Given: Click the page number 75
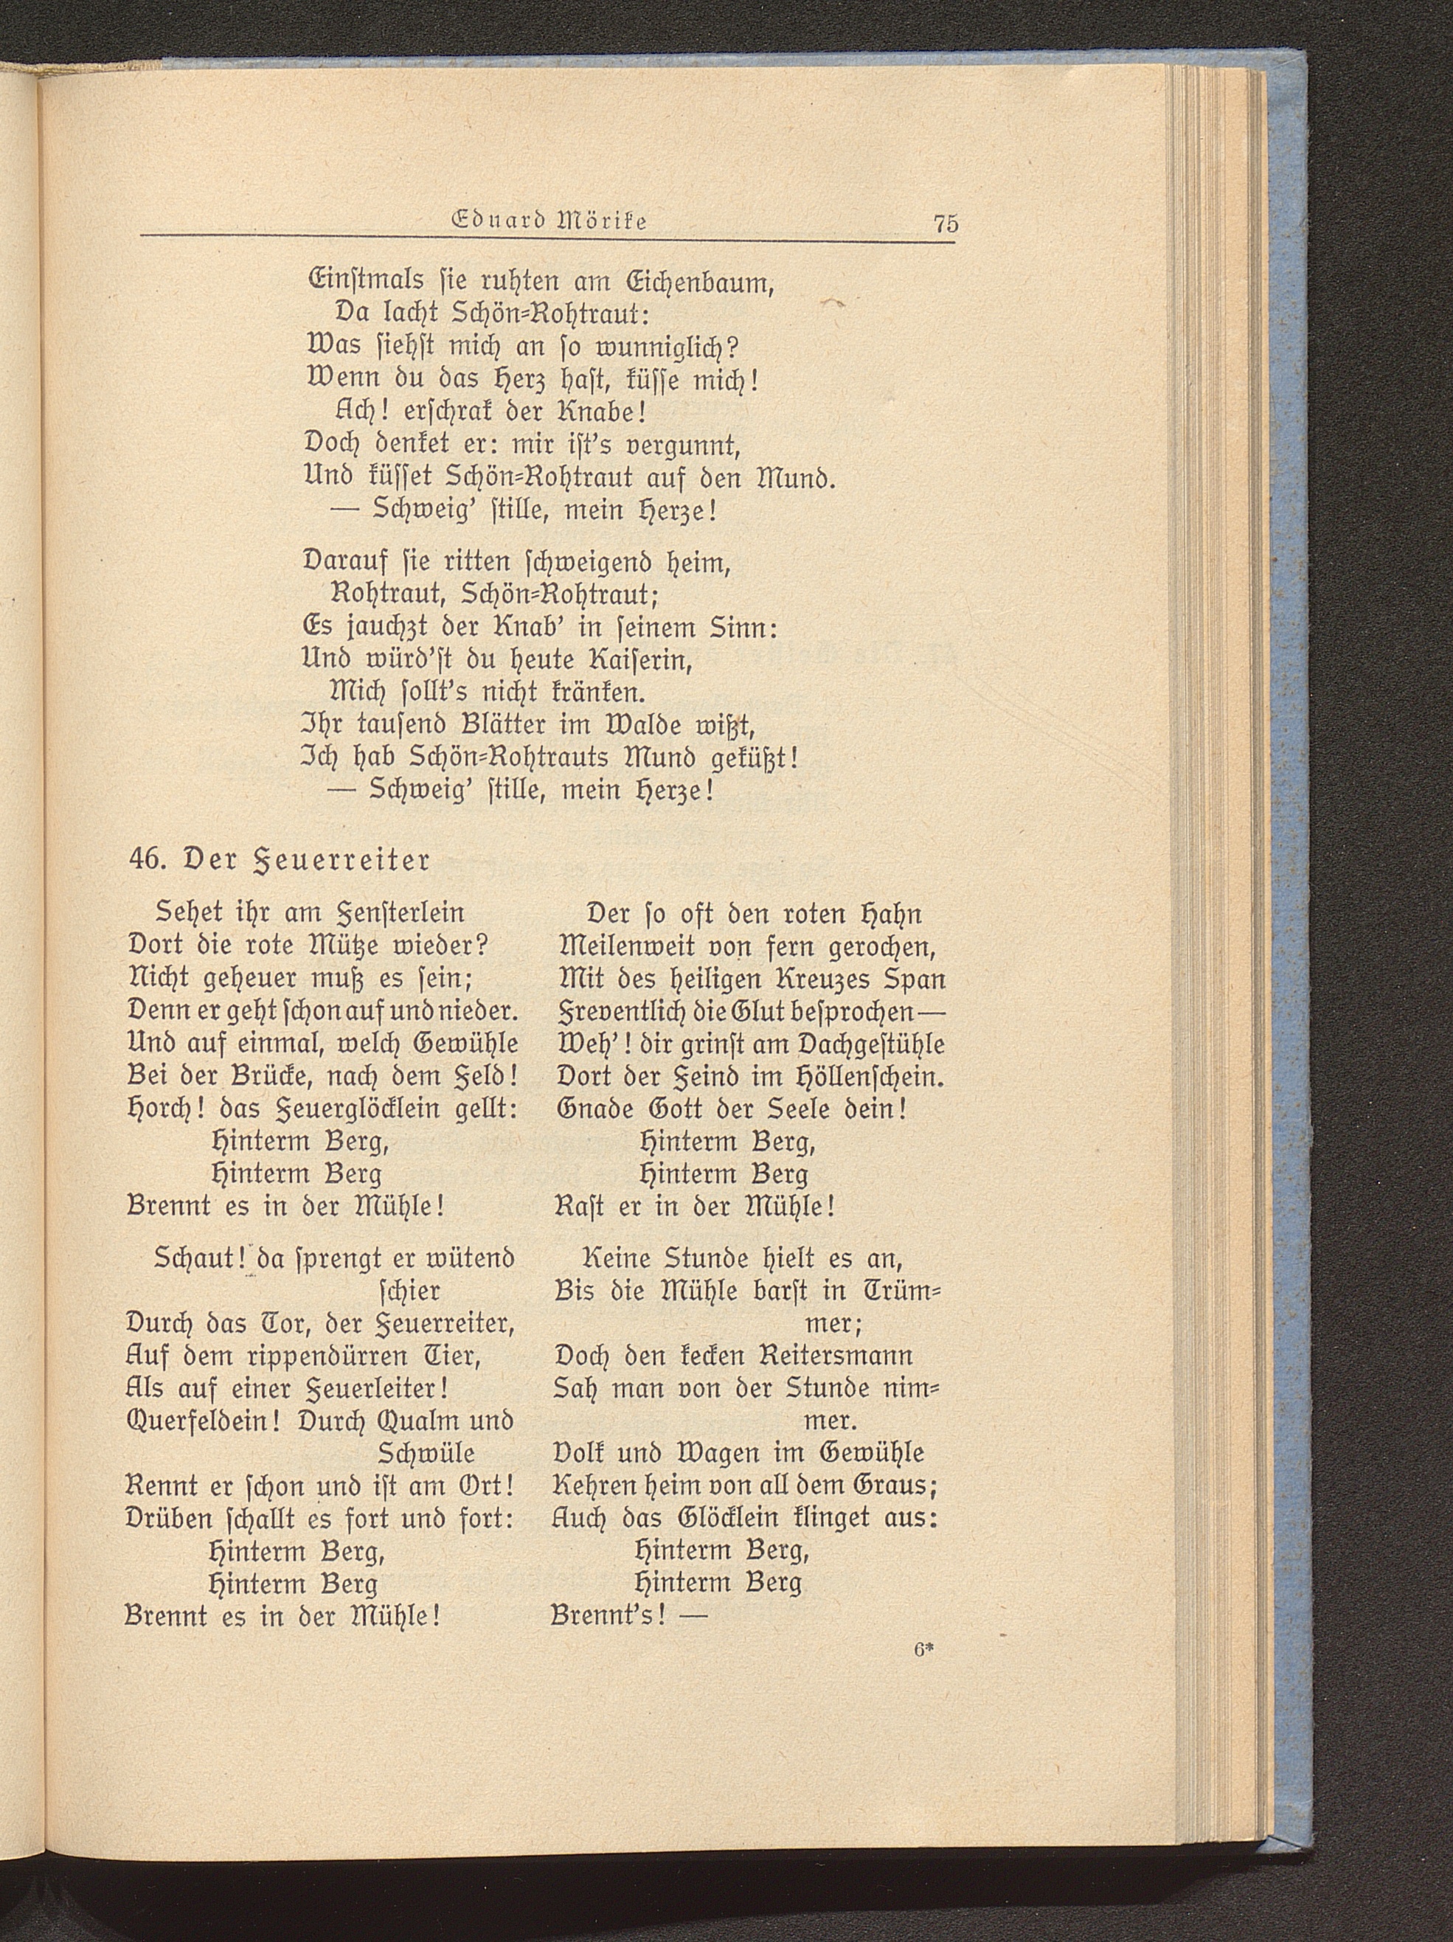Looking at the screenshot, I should pos(946,223).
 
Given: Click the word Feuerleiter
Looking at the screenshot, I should pos(386,1389).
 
